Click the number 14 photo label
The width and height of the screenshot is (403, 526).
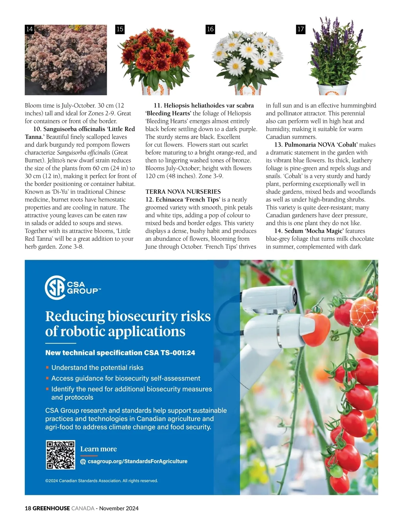(30, 29)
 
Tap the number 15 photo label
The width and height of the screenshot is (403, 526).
(120, 29)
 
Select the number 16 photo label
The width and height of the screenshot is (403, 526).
(210, 29)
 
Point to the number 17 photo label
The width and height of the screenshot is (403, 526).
(301, 29)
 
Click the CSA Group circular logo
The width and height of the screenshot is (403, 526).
(55, 287)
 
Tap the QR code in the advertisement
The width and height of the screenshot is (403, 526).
(60, 455)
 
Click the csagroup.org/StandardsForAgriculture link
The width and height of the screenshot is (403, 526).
(137, 461)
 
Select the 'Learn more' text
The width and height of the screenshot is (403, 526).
(98, 449)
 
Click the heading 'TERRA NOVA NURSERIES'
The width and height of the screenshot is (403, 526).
(183, 192)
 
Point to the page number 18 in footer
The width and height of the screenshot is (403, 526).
(28, 508)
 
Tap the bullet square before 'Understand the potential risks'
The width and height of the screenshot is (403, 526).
(47, 368)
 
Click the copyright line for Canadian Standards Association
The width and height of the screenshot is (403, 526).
(101, 481)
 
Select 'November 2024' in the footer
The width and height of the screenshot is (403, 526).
(119, 508)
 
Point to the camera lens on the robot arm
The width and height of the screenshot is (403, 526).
(295, 296)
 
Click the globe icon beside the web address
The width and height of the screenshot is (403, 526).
(83, 462)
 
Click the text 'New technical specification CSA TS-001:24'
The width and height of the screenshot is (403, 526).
(120, 353)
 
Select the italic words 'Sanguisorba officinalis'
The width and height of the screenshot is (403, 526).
(84, 153)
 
